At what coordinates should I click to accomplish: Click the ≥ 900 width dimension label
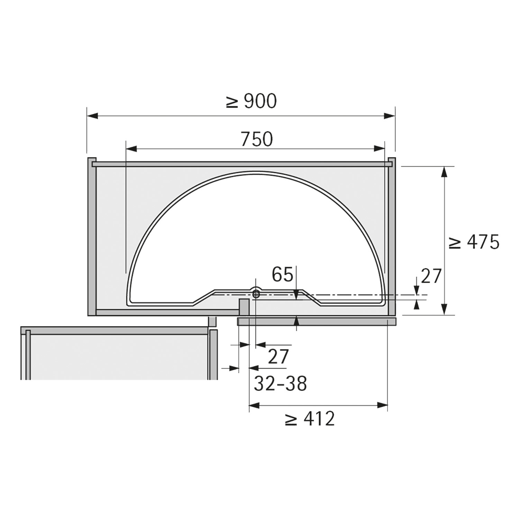pyautogui.click(x=251, y=101)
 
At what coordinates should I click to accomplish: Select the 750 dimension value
pyautogui.click(x=257, y=139)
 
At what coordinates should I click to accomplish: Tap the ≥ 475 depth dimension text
pyautogui.click(x=474, y=242)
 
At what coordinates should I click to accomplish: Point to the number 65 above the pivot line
pyautogui.click(x=282, y=275)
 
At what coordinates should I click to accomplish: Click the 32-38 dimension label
pyautogui.click(x=280, y=383)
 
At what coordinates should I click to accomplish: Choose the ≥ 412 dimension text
pyautogui.click(x=310, y=419)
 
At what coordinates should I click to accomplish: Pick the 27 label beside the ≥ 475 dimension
pyautogui.click(x=431, y=276)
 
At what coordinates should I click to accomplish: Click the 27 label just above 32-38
pyautogui.click(x=278, y=357)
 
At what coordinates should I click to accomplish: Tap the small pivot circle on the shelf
pyautogui.click(x=256, y=294)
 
